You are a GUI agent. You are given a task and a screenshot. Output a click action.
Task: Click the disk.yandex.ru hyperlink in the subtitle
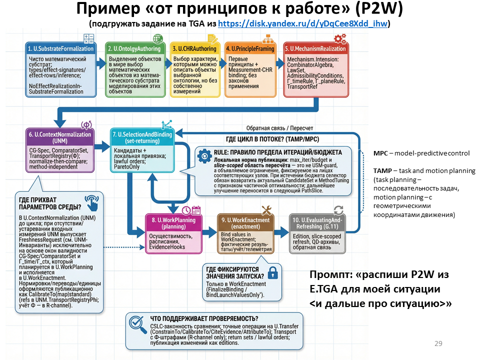(303, 23)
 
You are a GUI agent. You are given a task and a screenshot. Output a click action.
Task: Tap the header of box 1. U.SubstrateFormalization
(60, 49)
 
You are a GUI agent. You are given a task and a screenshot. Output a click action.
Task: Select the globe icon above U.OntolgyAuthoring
(158, 39)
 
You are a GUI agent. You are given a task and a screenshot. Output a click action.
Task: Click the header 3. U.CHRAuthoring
(194, 49)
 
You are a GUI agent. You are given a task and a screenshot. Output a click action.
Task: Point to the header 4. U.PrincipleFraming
(250, 49)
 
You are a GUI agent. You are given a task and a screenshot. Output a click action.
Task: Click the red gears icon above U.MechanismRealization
(340, 38)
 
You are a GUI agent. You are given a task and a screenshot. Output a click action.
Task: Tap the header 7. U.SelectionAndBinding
(142, 137)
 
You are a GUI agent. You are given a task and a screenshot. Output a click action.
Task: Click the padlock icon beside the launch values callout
(272, 273)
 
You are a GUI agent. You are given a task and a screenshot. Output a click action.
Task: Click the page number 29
(438, 343)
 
